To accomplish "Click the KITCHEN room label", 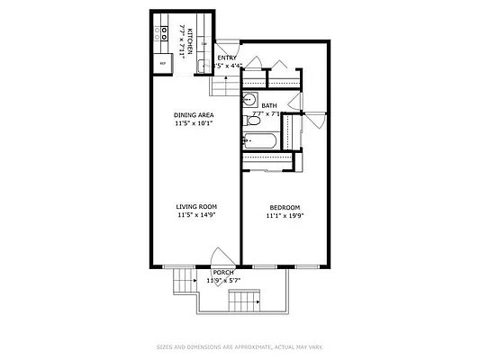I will (x=189, y=40).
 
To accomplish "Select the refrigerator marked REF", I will (x=163, y=64).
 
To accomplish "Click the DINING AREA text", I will (x=194, y=115).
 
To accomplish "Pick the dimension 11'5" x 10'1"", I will (x=194, y=124).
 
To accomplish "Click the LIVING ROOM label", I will (x=195, y=207).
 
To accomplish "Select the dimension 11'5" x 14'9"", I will (x=195, y=216).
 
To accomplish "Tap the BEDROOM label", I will (x=285, y=207).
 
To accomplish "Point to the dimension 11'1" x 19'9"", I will (x=285, y=216).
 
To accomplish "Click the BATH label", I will (x=269, y=105).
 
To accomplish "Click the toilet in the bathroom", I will (x=247, y=139).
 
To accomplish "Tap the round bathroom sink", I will (x=249, y=100).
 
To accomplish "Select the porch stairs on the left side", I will (x=185, y=283).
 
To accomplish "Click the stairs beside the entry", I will (x=222, y=85).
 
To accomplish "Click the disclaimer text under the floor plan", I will (x=240, y=346).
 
